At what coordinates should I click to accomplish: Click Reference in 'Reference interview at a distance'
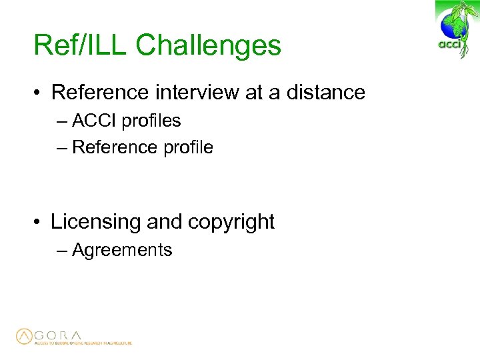tap(97, 92)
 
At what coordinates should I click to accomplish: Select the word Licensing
tap(96, 222)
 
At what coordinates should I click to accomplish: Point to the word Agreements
tap(122, 250)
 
